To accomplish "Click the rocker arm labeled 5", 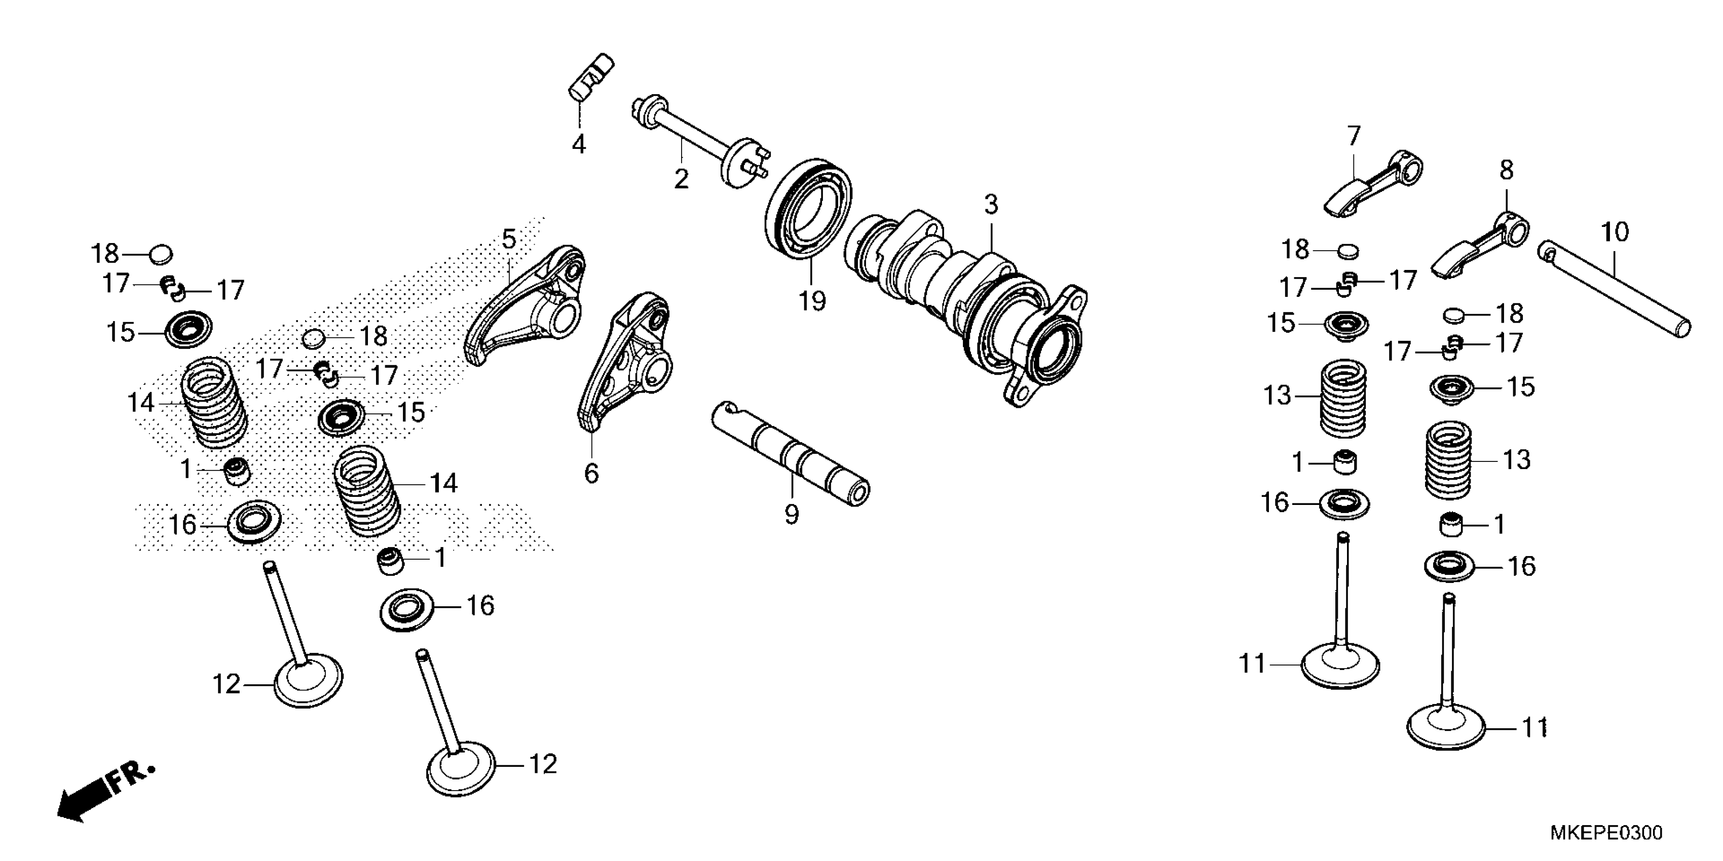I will [x=529, y=307].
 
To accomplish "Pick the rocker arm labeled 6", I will [x=625, y=361].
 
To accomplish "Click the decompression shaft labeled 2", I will [x=696, y=140].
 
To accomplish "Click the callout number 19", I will [x=812, y=301].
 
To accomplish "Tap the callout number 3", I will [x=991, y=205].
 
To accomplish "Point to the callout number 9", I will [x=791, y=515].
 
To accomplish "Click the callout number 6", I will [x=591, y=473].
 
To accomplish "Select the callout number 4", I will [x=579, y=144].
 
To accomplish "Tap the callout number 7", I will [x=1354, y=136].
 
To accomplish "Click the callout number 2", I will [x=681, y=179].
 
